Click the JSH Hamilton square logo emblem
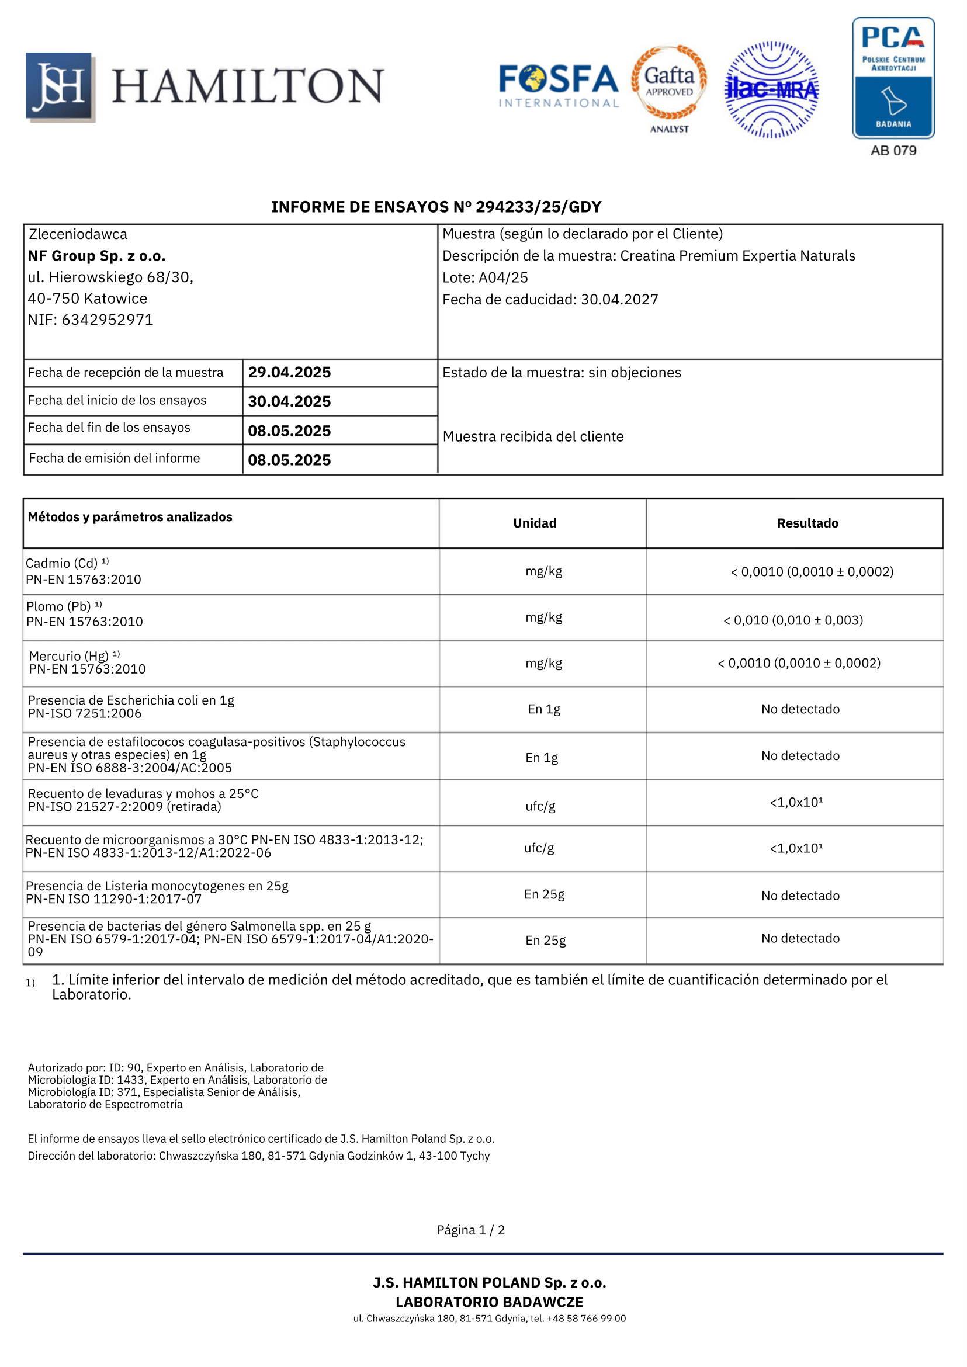pyautogui.click(x=60, y=87)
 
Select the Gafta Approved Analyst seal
pyautogui.click(x=669, y=87)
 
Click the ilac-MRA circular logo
pyautogui.click(x=772, y=90)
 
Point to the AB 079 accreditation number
pyautogui.click(x=893, y=151)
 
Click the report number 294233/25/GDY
pyautogui.click(x=538, y=207)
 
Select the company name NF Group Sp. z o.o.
pyautogui.click(x=96, y=256)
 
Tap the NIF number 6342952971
pyautogui.click(x=107, y=320)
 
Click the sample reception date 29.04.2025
pyautogui.click(x=289, y=373)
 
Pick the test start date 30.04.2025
pyautogui.click(x=289, y=401)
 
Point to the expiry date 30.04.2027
pyautogui.click(x=619, y=300)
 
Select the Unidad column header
pyautogui.click(x=535, y=523)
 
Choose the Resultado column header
pyautogui.click(x=807, y=523)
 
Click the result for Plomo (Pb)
pyautogui.click(x=793, y=620)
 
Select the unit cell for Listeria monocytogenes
pyautogui.click(x=544, y=894)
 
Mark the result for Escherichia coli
pyautogui.click(x=800, y=709)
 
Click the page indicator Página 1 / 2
pyautogui.click(x=470, y=1230)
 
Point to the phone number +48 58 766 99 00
pyautogui.click(x=587, y=1319)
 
